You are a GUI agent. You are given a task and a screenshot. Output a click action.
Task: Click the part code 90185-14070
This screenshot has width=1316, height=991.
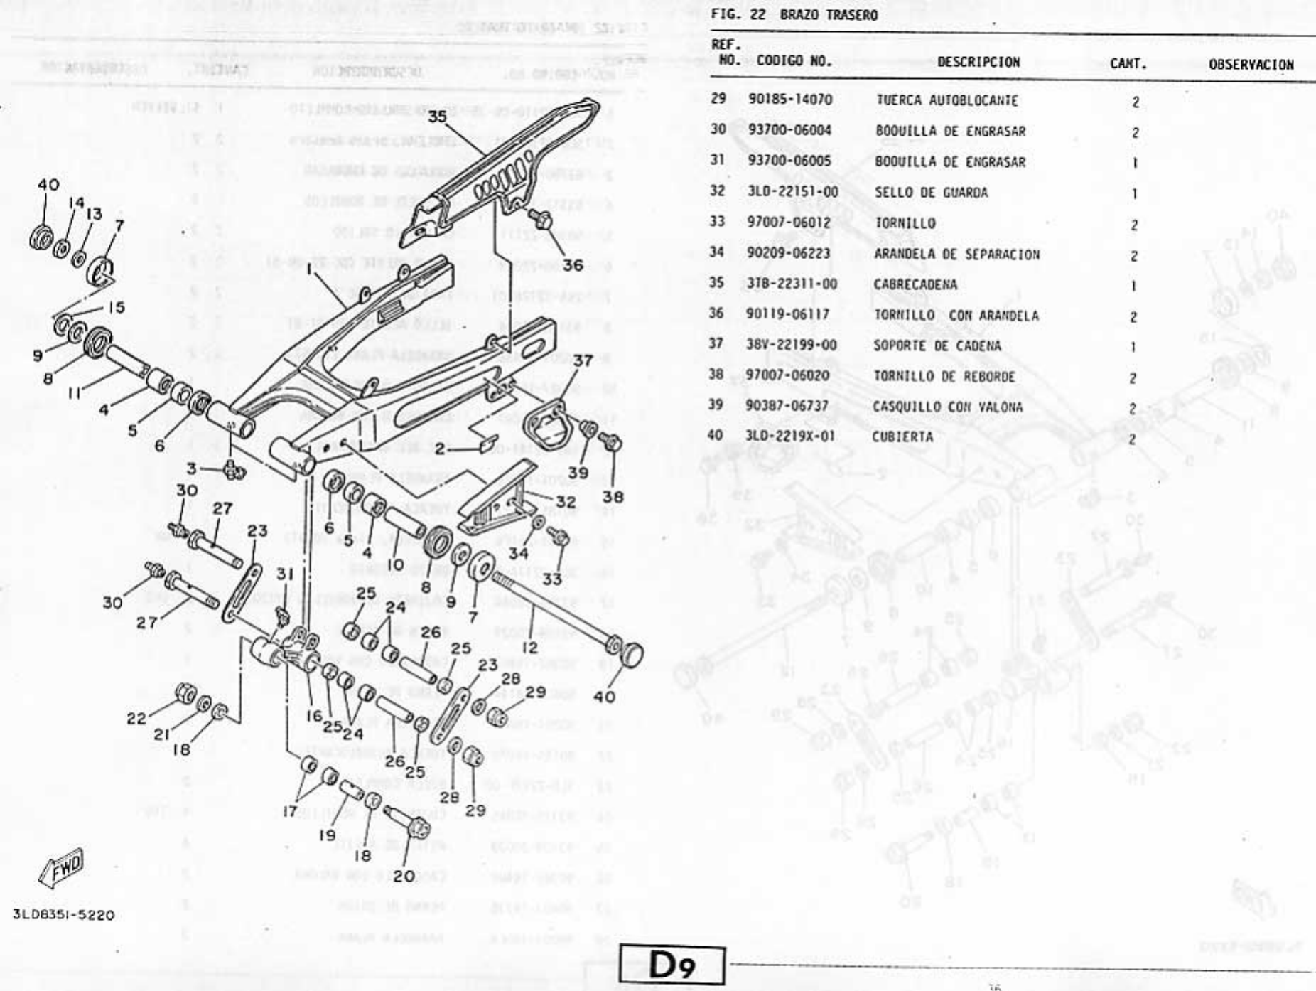789,100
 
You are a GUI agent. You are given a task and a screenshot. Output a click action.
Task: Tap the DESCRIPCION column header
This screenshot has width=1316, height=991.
978,63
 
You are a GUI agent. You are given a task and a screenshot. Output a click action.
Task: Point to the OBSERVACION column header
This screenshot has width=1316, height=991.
1251,65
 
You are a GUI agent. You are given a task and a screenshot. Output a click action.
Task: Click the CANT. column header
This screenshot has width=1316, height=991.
1128,64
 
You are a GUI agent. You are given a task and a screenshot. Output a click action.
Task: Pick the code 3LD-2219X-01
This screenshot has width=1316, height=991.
789,436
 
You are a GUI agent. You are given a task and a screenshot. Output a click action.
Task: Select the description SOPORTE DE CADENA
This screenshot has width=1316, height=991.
937,346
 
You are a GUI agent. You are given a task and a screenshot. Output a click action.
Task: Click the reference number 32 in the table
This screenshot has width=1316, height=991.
718,191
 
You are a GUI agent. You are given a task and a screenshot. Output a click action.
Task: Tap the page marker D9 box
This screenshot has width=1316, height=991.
672,965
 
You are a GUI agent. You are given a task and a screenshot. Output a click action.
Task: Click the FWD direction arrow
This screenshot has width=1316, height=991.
63,868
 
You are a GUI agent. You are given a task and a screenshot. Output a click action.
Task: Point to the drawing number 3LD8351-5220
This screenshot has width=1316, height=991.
63,914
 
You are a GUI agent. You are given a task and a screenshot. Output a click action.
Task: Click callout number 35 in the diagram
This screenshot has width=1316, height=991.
438,116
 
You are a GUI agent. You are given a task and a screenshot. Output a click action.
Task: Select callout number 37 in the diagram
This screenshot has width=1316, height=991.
583,360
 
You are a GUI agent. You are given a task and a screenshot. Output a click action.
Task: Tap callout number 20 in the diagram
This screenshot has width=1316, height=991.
404,876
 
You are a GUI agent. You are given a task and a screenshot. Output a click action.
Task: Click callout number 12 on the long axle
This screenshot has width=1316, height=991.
529,648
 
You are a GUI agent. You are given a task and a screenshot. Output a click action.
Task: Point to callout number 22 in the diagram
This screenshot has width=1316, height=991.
136,719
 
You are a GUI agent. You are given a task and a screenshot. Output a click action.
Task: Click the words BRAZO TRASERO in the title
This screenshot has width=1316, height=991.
829,15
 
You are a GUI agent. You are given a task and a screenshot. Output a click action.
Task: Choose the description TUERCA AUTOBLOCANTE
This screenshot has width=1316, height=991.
946,101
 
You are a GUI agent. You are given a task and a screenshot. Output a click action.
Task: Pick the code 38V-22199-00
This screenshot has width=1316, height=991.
791,345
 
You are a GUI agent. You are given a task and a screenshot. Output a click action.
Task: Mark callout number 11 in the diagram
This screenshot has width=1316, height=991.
75,392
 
